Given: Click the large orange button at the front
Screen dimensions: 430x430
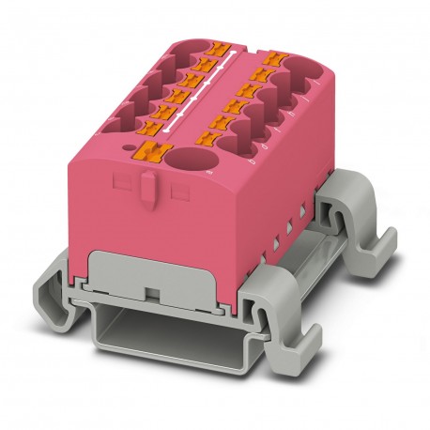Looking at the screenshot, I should tap(150, 151).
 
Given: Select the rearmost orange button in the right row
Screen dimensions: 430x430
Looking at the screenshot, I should tap(274, 59).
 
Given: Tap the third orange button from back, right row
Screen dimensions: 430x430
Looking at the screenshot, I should tap(257, 87).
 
